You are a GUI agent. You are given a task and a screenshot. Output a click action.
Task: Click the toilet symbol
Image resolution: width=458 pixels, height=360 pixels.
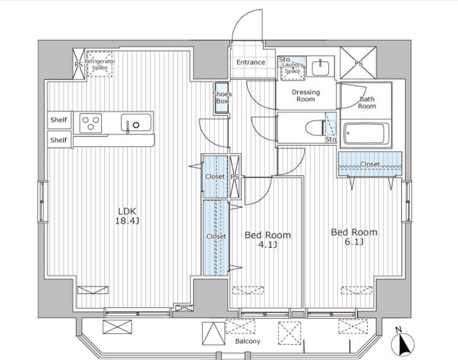[x=315, y=128]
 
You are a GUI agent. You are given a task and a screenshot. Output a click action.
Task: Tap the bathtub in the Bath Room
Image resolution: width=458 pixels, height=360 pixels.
[x=366, y=133]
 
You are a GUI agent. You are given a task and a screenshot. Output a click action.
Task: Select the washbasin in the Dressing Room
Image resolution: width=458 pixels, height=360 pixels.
[x=320, y=68]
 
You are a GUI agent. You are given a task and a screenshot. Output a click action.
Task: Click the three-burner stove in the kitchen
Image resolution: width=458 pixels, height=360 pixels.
[x=91, y=123]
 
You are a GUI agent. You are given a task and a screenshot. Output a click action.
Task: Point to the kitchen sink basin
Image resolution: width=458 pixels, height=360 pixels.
[x=136, y=123]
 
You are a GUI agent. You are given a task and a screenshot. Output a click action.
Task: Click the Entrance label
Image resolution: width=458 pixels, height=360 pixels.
[x=251, y=62]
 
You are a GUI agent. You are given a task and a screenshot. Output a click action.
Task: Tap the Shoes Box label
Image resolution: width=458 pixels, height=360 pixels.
[x=222, y=97]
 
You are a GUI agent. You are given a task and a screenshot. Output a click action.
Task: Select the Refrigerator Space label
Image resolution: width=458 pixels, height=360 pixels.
[x=99, y=64]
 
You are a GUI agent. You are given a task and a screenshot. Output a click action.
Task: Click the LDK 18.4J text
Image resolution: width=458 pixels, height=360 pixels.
[x=127, y=216]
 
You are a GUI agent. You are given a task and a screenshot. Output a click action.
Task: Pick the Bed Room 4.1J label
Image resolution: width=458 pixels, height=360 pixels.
[x=268, y=239]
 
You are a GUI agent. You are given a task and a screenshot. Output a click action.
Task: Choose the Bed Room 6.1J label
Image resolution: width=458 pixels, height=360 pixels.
[x=354, y=237]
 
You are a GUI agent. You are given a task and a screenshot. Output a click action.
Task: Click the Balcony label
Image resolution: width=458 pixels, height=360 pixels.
[x=248, y=341]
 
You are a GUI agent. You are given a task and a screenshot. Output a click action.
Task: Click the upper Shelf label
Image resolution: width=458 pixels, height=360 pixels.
[x=58, y=120]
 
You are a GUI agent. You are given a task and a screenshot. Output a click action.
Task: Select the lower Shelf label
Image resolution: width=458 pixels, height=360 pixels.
[x=58, y=140]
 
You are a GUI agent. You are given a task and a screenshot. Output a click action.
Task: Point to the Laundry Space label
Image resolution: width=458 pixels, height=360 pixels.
[x=293, y=68]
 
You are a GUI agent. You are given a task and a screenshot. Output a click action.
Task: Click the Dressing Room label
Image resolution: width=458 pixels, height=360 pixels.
[x=306, y=95]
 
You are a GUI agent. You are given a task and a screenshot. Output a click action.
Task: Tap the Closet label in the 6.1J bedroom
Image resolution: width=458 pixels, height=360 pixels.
[x=370, y=164]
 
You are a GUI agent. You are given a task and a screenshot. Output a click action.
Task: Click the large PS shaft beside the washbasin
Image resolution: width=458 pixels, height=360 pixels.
[x=358, y=63]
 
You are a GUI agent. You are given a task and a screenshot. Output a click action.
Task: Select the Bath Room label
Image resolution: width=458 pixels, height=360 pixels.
[x=367, y=102]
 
